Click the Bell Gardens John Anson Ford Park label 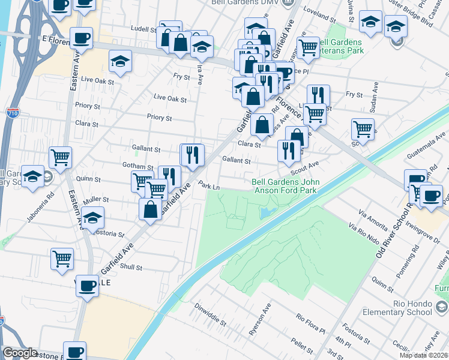point(285,186)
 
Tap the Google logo point(20,352)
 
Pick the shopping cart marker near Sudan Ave point(363,128)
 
